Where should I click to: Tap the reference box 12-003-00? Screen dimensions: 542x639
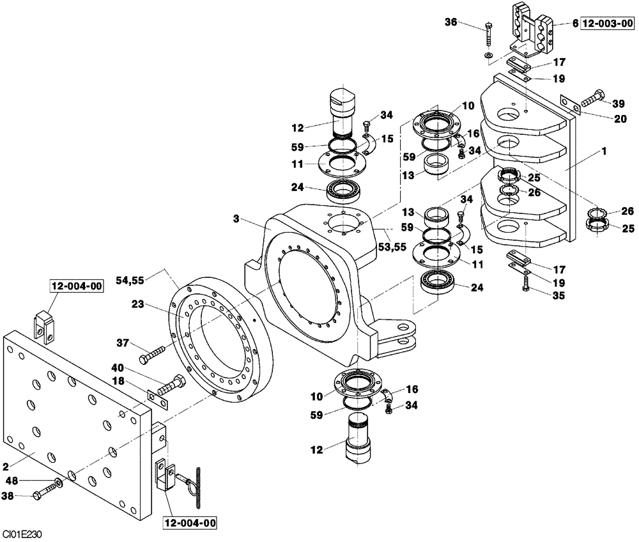click(607, 24)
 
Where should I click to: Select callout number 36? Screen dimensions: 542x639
click(451, 23)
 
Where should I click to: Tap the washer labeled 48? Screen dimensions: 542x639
click(59, 481)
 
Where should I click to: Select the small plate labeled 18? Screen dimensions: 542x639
click(157, 399)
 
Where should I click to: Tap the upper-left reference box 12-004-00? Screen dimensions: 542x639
click(76, 287)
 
